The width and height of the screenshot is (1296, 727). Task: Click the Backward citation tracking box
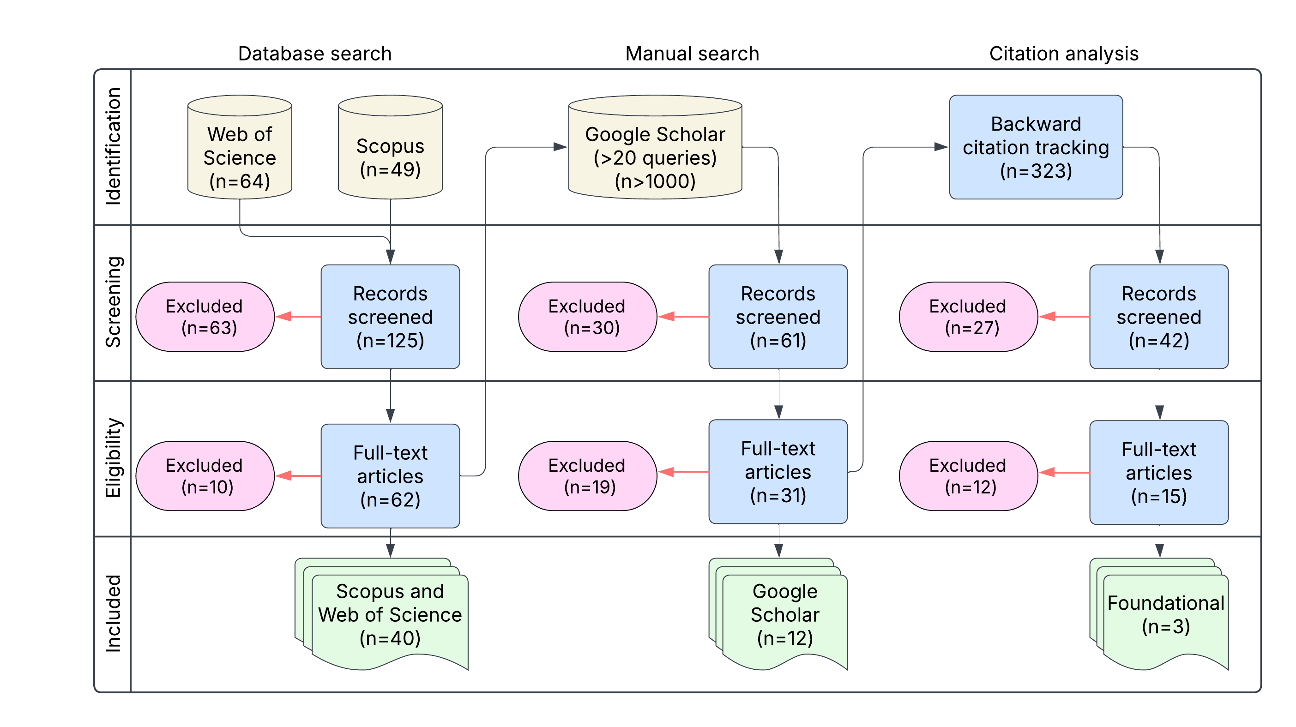point(1036,147)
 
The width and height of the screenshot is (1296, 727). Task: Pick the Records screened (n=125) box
point(391,317)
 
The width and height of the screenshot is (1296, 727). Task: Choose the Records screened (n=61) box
point(778,317)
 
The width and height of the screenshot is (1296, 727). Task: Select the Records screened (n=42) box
point(1159,317)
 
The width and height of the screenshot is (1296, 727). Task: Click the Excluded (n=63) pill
point(205,317)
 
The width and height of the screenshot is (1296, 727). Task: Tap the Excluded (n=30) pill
point(587,317)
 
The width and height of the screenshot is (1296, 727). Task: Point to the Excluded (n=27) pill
point(968,317)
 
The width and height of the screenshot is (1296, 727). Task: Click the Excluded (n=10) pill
point(205,476)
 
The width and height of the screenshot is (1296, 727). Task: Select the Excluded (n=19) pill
point(587,476)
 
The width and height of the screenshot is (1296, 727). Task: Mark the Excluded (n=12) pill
point(968,476)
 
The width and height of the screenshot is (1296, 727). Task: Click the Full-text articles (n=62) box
point(391,476)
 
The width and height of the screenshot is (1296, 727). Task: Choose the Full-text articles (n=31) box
point(778,472)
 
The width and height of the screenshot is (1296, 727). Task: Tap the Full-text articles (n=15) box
point(1159,473)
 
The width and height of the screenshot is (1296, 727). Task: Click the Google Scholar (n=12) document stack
point(784,615)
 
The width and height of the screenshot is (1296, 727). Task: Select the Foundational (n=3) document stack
point(1165,615)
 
